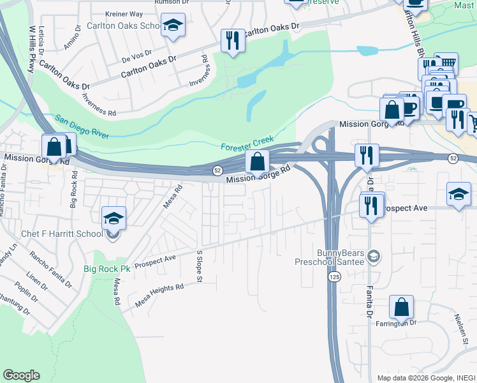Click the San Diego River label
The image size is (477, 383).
(82, 126)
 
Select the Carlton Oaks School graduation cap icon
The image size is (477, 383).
(173, 26)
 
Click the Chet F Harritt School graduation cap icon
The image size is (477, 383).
(114, 219)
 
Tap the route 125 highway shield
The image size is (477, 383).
(334, 278)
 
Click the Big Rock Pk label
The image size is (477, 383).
(106, 269)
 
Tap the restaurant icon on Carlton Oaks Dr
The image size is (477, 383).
(231, 41)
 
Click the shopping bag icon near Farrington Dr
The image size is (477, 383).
(401, 308)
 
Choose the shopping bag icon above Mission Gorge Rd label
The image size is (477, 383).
(257, 162)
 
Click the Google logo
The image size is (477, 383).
(21, 375)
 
